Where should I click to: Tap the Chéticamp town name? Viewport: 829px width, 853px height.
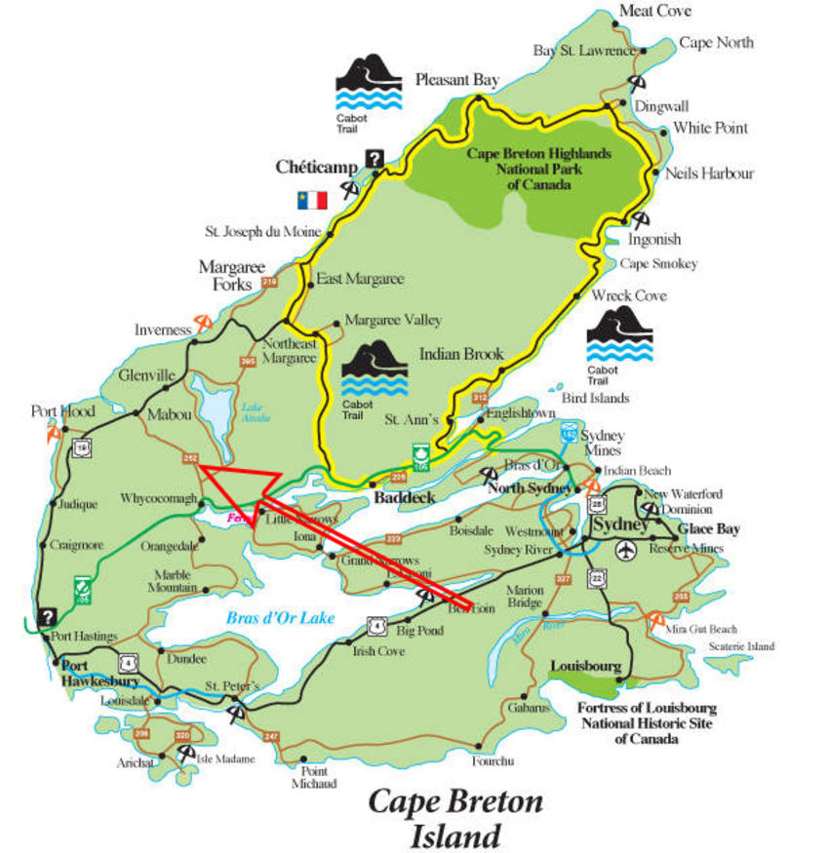click(316, 167)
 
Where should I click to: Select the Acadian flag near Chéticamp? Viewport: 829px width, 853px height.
click(312, 200)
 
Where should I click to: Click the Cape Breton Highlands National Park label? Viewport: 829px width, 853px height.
click(538, 169)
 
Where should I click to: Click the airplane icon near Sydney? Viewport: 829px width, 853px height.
click(624, 551)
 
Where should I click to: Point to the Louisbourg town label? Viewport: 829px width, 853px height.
click(585, 667)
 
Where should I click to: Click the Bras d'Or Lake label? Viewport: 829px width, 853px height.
click(281, 617)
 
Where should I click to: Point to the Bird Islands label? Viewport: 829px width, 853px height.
click(595, 398)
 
